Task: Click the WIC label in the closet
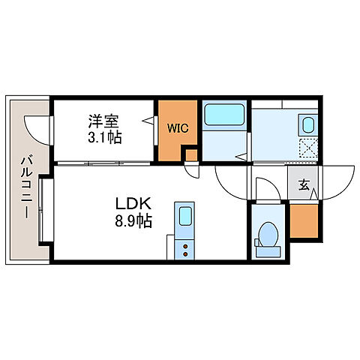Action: tap(178, 127)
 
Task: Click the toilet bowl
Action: tap(268, 235)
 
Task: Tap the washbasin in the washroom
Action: tap(307, 124)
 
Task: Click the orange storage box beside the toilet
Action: tap(304, 220)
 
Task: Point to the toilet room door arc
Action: tap(266, 187)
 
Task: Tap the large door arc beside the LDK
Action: tap(229, 184)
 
